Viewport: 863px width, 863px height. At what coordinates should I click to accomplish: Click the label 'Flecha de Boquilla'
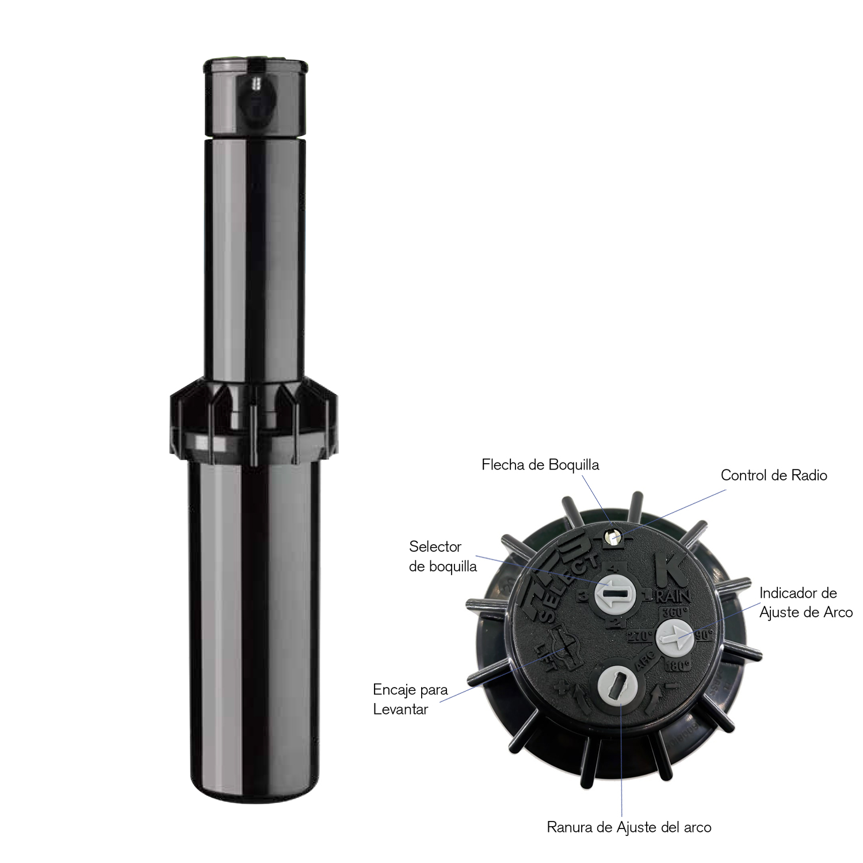click(x=540, y=465)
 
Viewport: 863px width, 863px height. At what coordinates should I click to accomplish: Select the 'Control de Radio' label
click(x=774, y=475)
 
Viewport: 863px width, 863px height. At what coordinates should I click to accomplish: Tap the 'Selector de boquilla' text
click(x=442, y=556)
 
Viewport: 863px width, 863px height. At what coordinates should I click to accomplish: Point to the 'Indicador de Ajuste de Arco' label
click(x=805, y=602)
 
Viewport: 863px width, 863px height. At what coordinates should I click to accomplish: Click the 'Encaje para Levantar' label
click(x=410, y=699)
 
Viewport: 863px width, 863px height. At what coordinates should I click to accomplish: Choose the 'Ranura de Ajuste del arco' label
click(x=629, y=827)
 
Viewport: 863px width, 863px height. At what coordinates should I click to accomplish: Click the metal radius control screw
click(x=612, y=536)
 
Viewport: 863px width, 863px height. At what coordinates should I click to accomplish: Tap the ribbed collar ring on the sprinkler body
click(x=252, y=417)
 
